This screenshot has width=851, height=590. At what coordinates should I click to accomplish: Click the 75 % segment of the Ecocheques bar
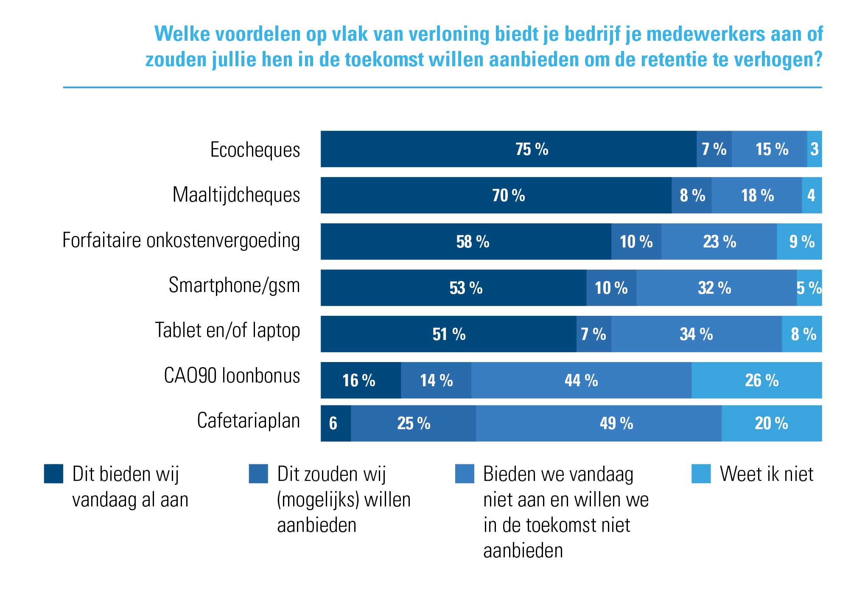click(x=508, y=149)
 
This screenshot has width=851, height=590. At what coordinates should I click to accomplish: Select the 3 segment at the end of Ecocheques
click(x=814, y=149)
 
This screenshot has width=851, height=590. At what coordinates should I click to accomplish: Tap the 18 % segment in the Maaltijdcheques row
click(x=757, y=195)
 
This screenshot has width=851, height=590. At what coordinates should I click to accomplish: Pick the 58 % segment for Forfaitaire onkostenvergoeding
click(x=466, y=242)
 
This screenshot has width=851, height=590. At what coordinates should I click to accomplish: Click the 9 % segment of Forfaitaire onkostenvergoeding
click(x=799, y=242)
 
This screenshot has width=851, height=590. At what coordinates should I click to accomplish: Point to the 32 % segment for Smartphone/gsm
click(x=716, y=288)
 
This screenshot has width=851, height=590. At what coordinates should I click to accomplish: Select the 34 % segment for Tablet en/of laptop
click(x=696, y=334)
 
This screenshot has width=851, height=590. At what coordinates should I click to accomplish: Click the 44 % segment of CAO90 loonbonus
click(x=581, y=380)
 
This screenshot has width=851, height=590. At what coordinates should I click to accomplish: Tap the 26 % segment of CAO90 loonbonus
click(x=756, y=380)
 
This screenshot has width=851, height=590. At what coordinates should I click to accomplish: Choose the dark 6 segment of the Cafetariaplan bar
click(x=335, y=423)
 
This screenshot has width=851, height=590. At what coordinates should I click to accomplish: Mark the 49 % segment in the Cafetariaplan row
click(x=599, y=423)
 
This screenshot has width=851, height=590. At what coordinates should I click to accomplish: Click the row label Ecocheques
click(x=255, y=150)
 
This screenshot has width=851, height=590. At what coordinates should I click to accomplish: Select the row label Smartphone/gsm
click(x=234, y=285)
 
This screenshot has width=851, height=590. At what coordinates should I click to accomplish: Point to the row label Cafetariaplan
click(x=248, y=421)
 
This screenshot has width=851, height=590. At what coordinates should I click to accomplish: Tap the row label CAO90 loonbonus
click(x=232, y=376)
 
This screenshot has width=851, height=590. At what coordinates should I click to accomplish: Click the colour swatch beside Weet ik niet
click(x=701, y=474)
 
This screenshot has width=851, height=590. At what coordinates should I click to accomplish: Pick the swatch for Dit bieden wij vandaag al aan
click(x=54, y=474)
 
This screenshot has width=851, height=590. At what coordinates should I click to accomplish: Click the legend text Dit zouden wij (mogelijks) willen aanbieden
click(x=344, y=499)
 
